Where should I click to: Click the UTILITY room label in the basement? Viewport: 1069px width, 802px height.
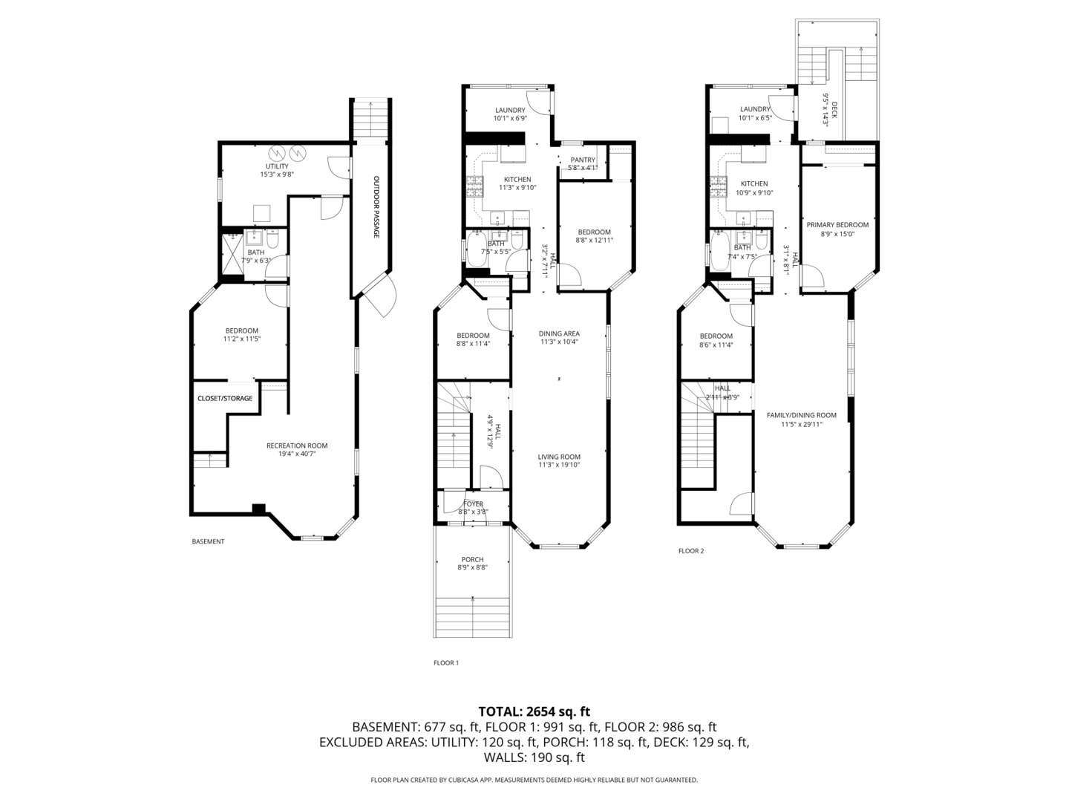[x=277, y=166]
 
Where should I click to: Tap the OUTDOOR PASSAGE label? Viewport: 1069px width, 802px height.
[x=376, y=207]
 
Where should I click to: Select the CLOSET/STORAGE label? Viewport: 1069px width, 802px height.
[x=225, y=399]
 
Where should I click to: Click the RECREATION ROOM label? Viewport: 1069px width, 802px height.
[x=297, y=446]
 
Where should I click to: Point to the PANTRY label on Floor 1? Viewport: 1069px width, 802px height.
[x=583, y=160]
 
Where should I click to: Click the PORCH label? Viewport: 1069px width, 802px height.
[x=472, y=560]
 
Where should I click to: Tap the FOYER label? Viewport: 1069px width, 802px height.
[x=473, y=504]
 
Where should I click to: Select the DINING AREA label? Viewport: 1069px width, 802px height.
[x=559, y=333]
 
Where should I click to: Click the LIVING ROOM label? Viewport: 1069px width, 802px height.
[x=559, y=457]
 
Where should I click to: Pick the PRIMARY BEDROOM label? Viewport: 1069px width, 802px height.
[x=837, y=225]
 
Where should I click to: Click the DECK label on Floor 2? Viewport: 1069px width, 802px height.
[x=834, y=111]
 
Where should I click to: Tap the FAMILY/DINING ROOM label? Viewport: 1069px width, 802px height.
[x=801, y=415]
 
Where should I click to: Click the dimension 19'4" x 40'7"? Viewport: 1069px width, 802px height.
[x=297, y=454]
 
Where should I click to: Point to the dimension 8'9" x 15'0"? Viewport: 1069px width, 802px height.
[x=837, y=234]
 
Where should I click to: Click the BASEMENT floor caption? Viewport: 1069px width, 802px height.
[x=208, y=541]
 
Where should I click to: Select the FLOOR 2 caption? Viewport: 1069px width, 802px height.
[x=691, y=551]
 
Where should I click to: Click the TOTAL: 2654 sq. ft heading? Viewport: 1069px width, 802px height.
[x=534, y=711]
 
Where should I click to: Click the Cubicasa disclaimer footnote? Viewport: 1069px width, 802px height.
[x=534, y=780]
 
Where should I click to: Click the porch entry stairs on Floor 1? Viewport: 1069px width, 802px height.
[x=472, y=616]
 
